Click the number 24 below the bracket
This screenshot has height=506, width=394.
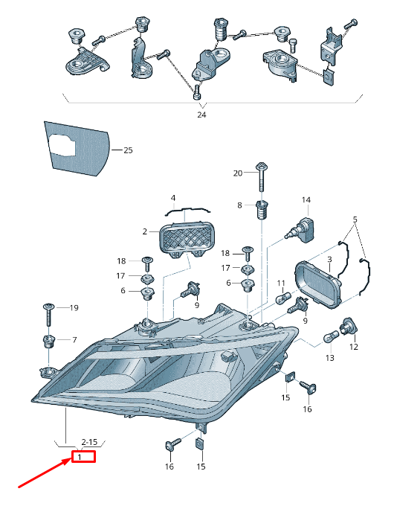click(201, 115)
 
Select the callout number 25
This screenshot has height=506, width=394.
click(128, 150)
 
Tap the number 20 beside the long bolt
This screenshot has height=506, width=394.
click(238, 173)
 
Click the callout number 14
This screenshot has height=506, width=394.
click(306, 200)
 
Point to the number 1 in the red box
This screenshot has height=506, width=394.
click(80, 457)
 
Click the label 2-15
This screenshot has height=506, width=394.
click(89, 442)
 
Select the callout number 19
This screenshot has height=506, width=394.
click(74, 308)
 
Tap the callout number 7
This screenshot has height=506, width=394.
click(74, 340)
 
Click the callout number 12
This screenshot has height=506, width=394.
click(354, 347)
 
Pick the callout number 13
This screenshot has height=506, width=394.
click(330, 358)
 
